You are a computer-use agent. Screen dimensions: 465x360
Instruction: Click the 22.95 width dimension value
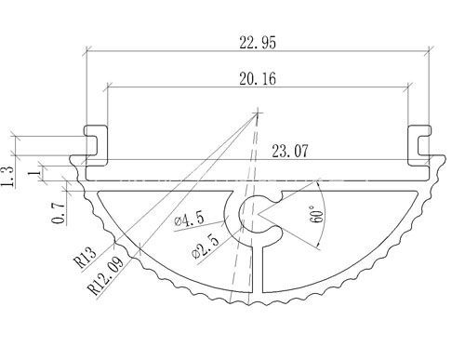pyautogui.click(x=258, y=43)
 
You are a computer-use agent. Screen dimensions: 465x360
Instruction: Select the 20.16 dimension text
pyautogui.click(x=258, y=79)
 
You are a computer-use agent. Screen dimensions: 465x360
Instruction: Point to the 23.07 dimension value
pyautogui.click(x=290, y=152)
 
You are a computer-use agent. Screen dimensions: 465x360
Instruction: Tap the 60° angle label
pyautogui.click(x=316, y=214)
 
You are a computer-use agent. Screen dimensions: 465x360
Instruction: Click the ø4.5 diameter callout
pyautogui.click(x=190, y=219)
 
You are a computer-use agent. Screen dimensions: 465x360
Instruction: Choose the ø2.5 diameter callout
pyautogui.click(x=206, y=246)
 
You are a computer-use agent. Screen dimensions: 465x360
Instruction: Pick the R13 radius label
pyautogui.click(x=85, y=258)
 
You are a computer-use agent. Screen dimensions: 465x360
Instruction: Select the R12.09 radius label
pyautogui.click(x=106, y=275)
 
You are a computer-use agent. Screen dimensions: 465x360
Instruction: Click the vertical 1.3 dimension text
pyautogui.click(x=7, y=177)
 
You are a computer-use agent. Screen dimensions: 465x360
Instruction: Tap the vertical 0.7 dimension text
pyautogui.click(x=59, y=213)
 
